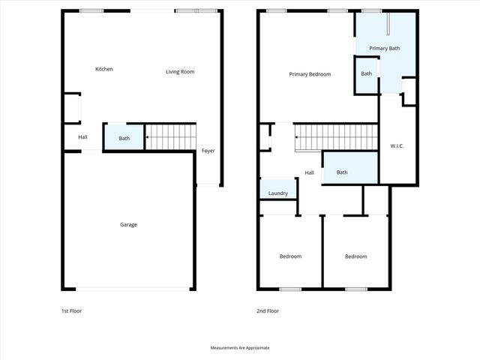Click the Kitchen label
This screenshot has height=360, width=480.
click(x=104, y=69)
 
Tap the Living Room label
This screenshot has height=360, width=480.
click(x=180, y=72)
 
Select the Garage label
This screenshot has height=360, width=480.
click(x=129, y=224)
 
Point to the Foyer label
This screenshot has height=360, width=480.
click(x=208, y=151)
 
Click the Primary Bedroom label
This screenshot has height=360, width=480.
click(x=310, y=74)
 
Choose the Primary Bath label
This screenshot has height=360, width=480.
click(x=384, y=48)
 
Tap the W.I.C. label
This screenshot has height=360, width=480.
click(x=397, y=145)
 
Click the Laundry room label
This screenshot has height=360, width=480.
click(x=278, y=193)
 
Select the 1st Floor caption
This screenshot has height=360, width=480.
click(x=71, y=310)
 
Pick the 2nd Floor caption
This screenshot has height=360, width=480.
click(x=267, y=310)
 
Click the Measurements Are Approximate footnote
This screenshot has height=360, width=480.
click(x=239, y=348)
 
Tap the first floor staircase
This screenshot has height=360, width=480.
click(x=170, y=136)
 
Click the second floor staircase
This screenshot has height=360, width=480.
click(x=336, y=136)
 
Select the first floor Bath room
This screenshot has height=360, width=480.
click(x=124, y=138)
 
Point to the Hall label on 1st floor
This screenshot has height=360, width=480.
click(x=82, y=137)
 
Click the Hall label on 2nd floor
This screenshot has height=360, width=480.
click(x=309, y=173)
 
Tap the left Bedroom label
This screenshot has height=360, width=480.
click(x=290, y=256)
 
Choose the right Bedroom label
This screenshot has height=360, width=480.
click(x=356, y=256)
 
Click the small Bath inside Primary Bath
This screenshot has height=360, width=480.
click(x=367, y=73)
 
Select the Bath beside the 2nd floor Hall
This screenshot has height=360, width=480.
click(x=342, y=172)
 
